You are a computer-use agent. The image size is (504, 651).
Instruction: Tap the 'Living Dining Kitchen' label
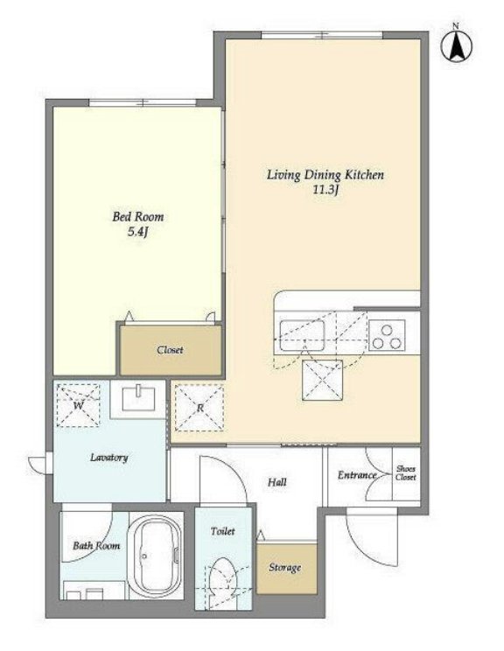[x=325, y=175]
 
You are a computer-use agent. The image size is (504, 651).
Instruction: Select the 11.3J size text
[x=326, y=191]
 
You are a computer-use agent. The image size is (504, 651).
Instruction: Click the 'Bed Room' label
[x=138, y=216]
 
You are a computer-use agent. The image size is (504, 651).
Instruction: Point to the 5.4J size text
[x=138, y=232]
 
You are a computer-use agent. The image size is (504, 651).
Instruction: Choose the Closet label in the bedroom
[x=171, y=350]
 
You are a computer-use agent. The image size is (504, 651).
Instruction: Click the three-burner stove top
[x=387, y=335]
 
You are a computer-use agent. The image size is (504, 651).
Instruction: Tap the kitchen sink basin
[x=302, y=335]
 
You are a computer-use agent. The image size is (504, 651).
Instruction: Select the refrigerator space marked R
[x=199, y=407]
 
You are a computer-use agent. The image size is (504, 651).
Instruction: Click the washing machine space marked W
[x=78, y=405]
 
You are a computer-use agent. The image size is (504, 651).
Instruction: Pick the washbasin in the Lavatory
[x=138, y=399]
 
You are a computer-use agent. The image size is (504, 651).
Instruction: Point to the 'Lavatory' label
[x=109, y=458]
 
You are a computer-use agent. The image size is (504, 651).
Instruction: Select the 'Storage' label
[x=284, y=568]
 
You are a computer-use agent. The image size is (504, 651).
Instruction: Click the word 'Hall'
[x=276, y=482]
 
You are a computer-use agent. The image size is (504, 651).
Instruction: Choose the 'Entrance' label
[x=357, y=475]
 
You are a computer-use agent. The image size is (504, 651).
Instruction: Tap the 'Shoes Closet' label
[x=406, y=472]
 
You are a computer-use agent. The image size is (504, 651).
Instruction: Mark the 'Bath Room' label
[x=96, y=545]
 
